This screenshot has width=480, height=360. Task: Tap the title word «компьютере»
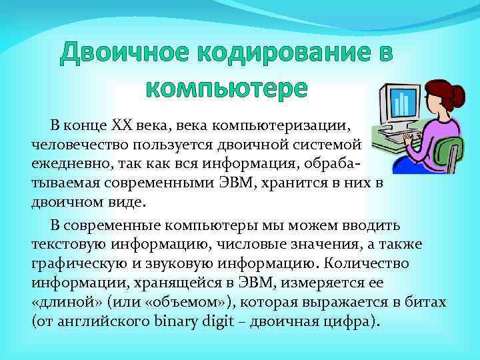227,88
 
